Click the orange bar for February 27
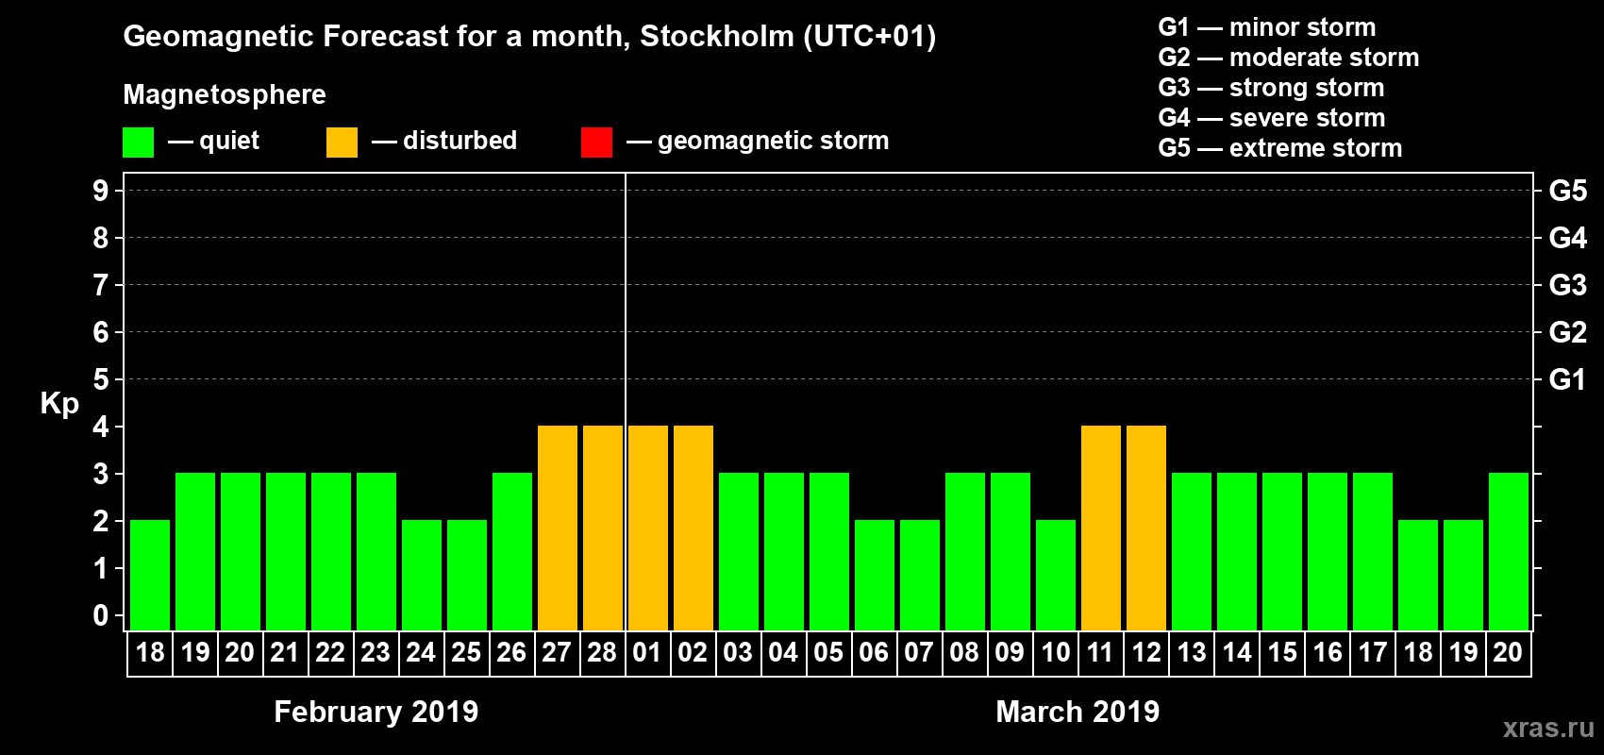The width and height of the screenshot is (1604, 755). click(557, 528)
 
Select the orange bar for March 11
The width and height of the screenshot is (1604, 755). click(1100, 528)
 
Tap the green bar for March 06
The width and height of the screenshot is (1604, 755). click(874, 575)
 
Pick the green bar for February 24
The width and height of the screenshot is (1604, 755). click(421, 575)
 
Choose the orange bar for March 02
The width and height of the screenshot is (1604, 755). click(693, 528)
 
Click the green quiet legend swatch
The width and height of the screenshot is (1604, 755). click(138, 143)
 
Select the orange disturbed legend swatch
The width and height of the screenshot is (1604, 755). click(342, 143)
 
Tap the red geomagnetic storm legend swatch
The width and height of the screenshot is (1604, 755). click(596, 143)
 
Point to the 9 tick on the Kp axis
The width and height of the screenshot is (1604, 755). click(100, 191)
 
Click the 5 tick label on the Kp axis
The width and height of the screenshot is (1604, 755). click(100, 379)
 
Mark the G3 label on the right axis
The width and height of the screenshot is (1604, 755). click(1567, 285)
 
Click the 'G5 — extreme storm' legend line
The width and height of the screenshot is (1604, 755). click(1279, 148)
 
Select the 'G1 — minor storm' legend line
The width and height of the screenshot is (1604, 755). click(1266, 27)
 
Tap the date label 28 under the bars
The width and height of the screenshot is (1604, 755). click(602, 652)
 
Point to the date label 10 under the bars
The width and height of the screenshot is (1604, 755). click(1055, 652)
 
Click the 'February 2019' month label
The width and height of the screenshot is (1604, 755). click(376, 712)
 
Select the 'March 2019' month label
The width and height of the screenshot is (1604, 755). click(1078, 712)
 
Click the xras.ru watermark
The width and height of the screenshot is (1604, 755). click(1548, 728)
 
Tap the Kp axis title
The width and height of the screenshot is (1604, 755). click(59, 403)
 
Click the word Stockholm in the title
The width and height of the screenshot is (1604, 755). click(717, 36)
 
